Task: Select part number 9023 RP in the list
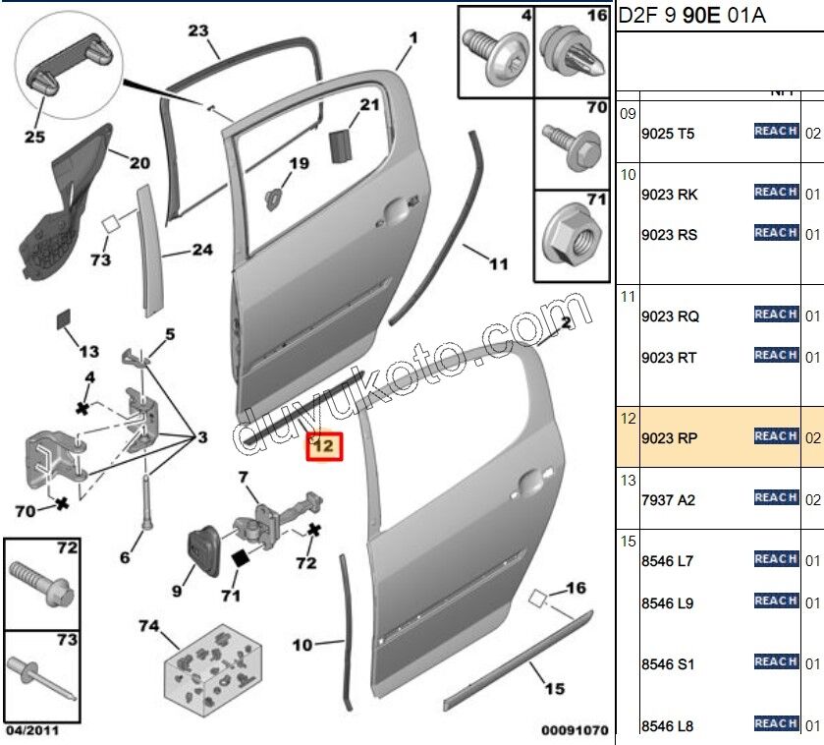point(669,438)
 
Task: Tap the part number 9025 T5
point(667,134)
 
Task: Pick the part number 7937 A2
point(667,500)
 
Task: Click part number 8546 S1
point(667,664)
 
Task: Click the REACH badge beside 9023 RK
point(775,193)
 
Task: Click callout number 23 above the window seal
point(198,31)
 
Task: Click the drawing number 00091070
point(575,730)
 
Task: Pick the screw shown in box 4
point(495,45)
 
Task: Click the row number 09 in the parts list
point(628,113)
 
